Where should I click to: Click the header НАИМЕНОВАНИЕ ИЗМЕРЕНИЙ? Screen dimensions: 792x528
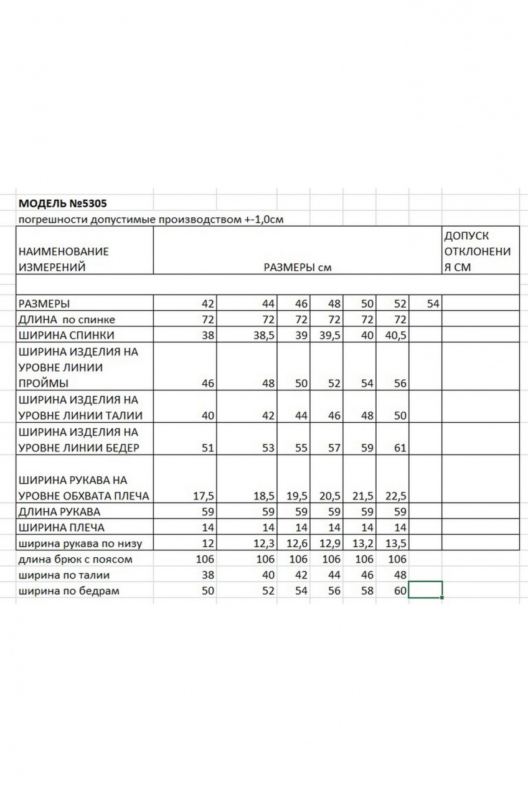[x=64, y=260]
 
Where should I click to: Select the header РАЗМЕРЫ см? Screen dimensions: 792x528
[x=297, y=268]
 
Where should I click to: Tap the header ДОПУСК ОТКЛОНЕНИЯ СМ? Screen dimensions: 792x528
[x=476, y=252]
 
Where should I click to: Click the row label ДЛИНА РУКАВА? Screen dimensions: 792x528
[x=60, y=512]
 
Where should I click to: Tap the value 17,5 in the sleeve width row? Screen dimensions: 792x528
[x=203, y=496]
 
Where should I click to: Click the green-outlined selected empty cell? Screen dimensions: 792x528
[x=425, y=590]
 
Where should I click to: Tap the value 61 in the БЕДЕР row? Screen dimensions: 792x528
[x=399, y=448]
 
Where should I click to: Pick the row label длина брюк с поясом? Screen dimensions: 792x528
[x=76, y=559]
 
